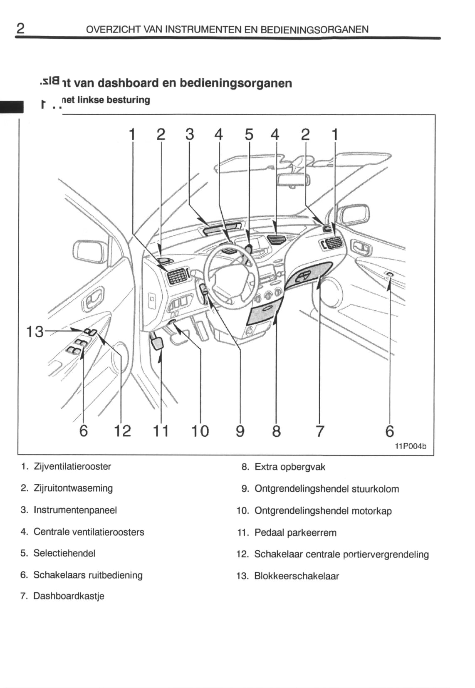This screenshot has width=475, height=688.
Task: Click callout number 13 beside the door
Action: [35, 332]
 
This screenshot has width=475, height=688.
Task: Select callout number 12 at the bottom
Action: [122, 431]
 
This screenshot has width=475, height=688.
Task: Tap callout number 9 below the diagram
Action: [240, 431]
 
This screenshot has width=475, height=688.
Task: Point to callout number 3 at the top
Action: [190, 134]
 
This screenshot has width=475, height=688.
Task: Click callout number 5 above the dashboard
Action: [249, 134]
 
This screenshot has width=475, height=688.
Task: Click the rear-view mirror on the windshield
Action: [294, 180]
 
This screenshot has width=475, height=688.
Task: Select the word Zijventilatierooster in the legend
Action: [72, 466]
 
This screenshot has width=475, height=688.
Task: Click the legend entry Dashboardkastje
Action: [69, 596]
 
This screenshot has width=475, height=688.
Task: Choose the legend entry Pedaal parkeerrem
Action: [295, 532]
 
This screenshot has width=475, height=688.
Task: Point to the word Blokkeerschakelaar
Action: [297, 576]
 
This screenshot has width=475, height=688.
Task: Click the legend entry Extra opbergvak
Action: [289, 467]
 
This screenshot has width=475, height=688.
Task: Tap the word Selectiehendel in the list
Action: [64, 553]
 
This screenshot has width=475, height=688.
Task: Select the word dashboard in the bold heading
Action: [128, 83]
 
